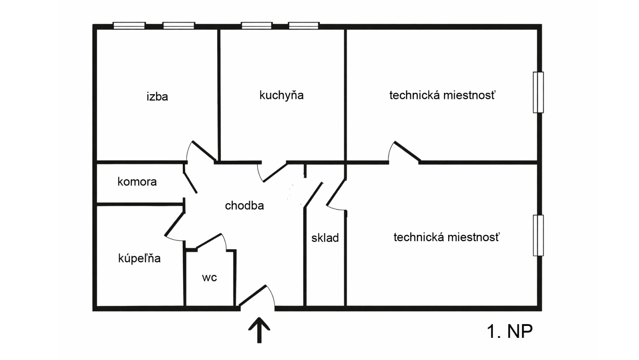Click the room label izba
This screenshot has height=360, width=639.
point(157,97)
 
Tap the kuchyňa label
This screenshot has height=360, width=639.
point(281,95)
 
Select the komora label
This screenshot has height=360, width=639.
point(137,182)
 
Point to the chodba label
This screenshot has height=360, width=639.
point(244,206)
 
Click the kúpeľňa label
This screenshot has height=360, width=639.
point(139,258)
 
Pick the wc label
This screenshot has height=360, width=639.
point(209,278)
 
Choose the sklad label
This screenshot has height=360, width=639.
point(325,238)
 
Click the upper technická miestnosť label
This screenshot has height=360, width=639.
point(442,95)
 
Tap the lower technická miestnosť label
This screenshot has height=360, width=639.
point(446,237)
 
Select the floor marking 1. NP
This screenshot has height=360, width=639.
point(509,331)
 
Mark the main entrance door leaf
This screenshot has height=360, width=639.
point(253,296)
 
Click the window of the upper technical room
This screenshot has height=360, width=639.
point(538,92)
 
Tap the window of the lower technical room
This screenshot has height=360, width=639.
point(538,235)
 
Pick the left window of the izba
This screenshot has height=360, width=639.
point(129,26)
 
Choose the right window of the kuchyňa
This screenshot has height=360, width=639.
point(304,26)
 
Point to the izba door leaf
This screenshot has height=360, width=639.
point(204,151)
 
